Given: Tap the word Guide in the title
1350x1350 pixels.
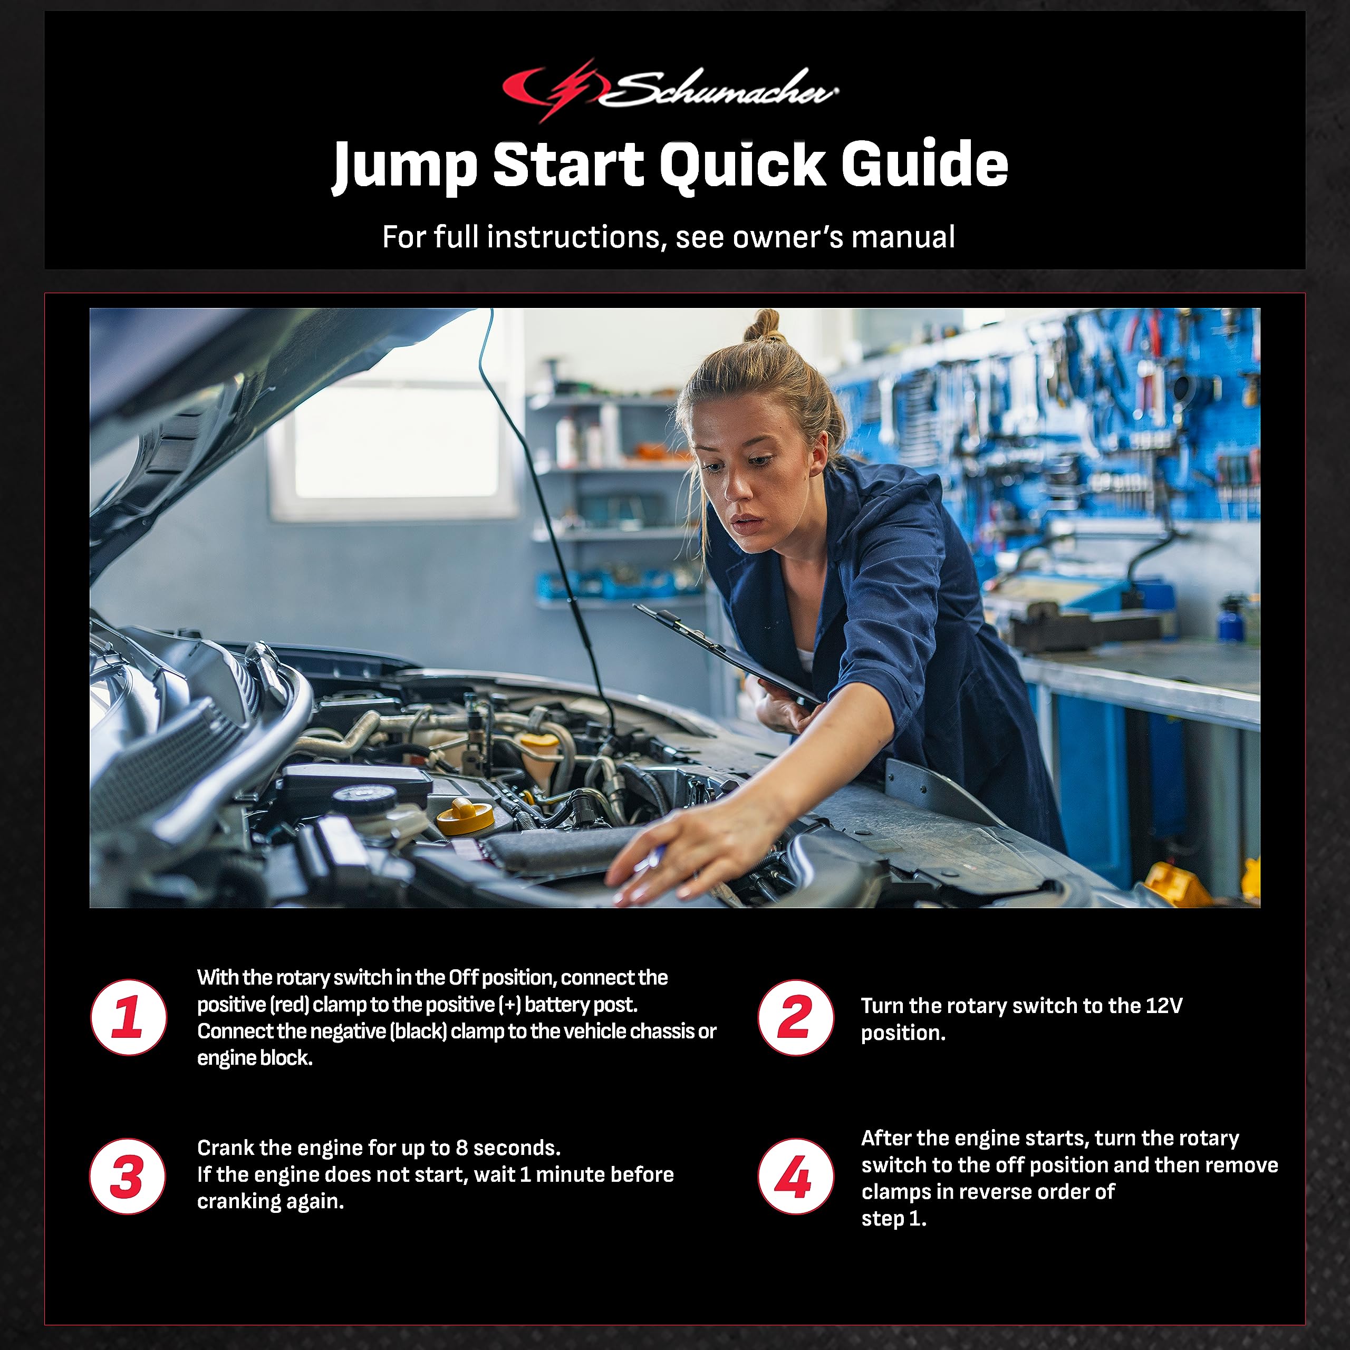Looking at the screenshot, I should pyautogui.click(x=924, y=165).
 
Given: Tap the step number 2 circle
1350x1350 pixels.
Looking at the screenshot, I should pyautogui.click(x=795, y=1017).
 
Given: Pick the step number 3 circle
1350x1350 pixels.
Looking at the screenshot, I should pyautogui.click(x=128, y=1176).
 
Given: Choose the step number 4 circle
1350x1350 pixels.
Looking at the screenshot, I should pyautogui.click(x=795, y=1176).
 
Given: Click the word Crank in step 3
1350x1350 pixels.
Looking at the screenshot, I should pyautogui.click(x=226, y=1148).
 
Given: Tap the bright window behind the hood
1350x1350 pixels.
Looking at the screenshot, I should pyautogui.click(x=395, y=440).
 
